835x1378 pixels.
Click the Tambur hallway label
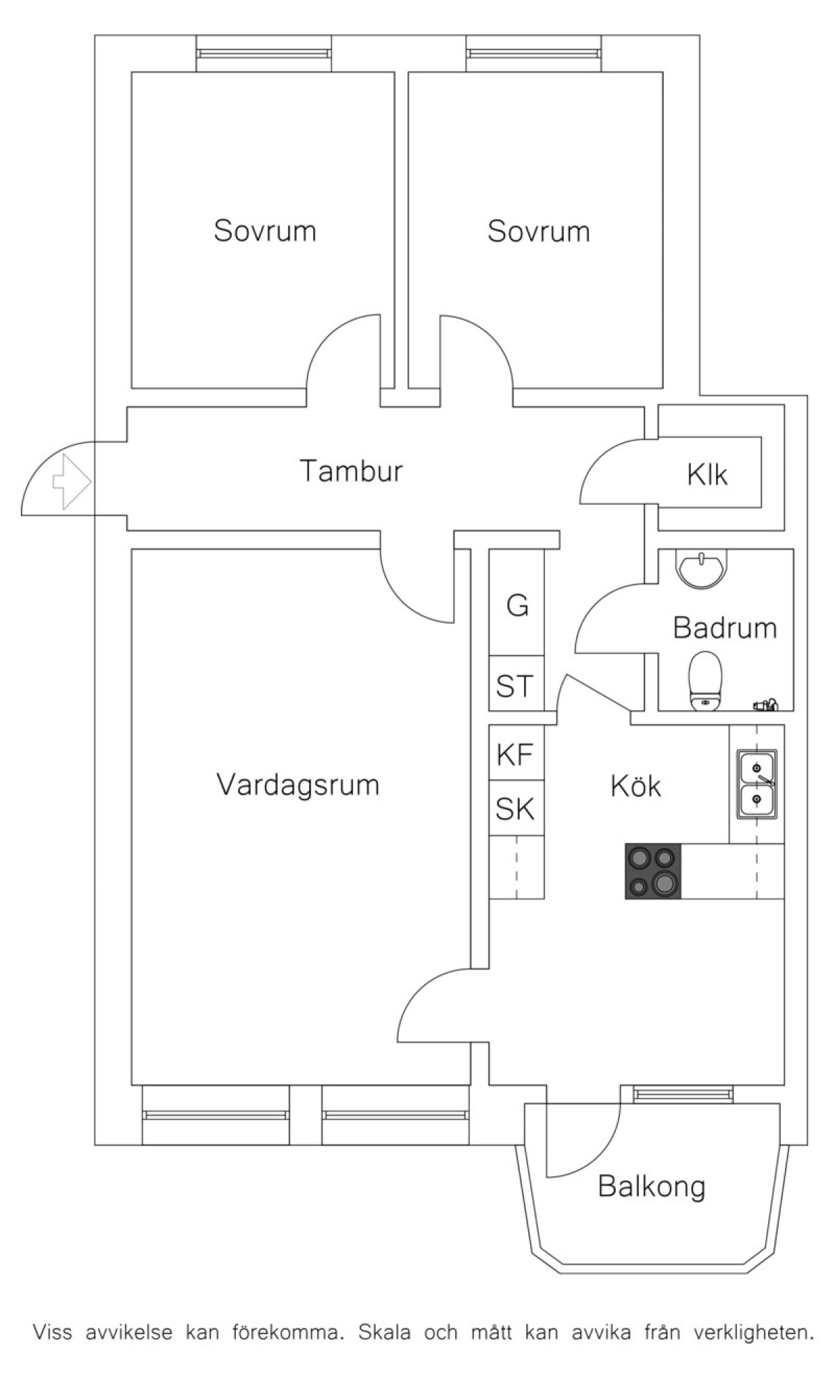[351, 471]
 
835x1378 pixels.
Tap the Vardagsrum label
[298, 785]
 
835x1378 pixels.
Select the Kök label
[635, 786]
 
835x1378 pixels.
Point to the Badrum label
[724, 628]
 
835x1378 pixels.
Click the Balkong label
[651, 1187]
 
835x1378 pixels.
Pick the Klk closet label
[707, 475]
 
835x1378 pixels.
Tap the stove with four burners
[653, 871]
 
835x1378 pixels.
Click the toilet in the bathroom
[706, 680]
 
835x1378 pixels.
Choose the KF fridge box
[516, 754]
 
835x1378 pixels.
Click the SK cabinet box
[516, 809]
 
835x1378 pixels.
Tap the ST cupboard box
[515, 685]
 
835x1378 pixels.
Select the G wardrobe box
[517, 606]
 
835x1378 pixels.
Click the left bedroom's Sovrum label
[264, 230]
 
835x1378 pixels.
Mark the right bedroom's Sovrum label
[539, 230]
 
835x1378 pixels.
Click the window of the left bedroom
[263, 53]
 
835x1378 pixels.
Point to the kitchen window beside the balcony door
[683, 1095]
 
